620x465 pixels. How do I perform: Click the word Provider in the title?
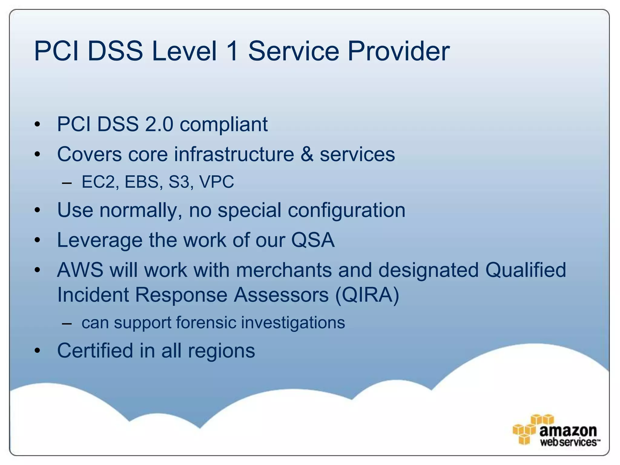pyautogui.click(x=398, y=51)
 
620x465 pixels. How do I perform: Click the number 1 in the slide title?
pyautogui.click(x=232, y=51)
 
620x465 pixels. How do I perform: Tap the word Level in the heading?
pyautogui.click(x=184, y=51)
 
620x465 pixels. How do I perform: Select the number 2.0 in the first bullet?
pyautogui.click(x=159, y=124)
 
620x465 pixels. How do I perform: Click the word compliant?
pyautogui.click(x=224, y=125)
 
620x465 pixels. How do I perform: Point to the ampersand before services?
pyautogui.click(x=307, y=154)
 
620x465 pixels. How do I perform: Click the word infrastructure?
pyautogui.click(x=234, y=154)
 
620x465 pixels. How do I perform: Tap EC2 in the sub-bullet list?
pyautogui.click(x=98, y=182)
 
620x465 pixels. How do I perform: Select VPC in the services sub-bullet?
pyautogui.click(x=216, y=182)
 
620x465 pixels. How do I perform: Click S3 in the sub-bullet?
pyautogui.click(x=179, y=182)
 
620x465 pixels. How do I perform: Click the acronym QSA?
pyautogui.click(x=313, y=240)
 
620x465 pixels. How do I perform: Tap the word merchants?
pyautogui.click(x=284, y=270)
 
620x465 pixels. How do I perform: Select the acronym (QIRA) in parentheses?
pyautogui.click(x=367, y=295)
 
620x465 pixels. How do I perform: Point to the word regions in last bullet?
pyautogui.click(x=221, y=351)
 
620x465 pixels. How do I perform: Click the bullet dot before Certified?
pyautogui.click(x=37, y=351)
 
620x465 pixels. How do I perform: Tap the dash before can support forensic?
pyautogui.click(x=67, y=323)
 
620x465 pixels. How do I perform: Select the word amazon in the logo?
pyautogui.click(x=568, y=430)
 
